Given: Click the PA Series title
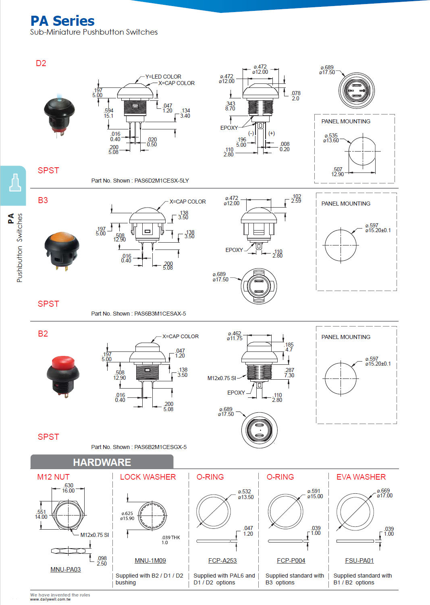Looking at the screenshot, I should tap(62, 21).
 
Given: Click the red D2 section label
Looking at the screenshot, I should tap(41, 63).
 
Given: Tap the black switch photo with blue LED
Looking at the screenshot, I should tap(59, 115).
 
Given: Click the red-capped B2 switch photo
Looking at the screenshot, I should tap(63, 376).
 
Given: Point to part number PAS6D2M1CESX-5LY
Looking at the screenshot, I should tap(161, 181).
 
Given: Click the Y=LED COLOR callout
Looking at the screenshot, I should tap(163, 77).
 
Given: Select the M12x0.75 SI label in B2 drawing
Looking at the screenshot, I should tap(221, 378).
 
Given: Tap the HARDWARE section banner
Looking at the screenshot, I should tap(102, 462).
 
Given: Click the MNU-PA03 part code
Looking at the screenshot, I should tap(65, 569).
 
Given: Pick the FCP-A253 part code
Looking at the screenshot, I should tap(222, 560).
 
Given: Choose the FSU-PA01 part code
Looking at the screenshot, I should tap(359, 560).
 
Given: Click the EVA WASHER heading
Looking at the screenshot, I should tap(361, 477).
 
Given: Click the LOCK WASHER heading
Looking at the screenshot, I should tap(147, 477).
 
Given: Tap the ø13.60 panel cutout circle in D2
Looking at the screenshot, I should tap(362, 151).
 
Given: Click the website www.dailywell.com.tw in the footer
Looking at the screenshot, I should tap(50, 599).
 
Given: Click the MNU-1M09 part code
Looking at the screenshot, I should tap(150, 560).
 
